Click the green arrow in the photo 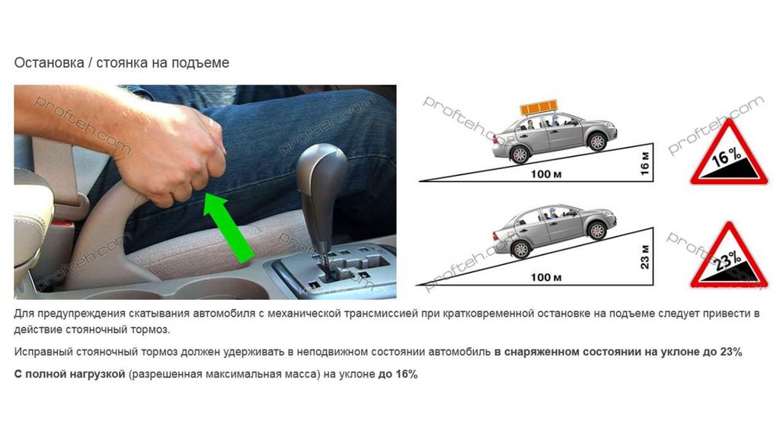229,227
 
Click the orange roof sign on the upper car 539,107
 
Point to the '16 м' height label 644,163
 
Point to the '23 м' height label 644,257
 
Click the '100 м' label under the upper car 545,174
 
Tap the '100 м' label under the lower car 545,277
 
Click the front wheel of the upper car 596,142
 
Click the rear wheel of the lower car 520,249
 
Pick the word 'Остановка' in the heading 50,63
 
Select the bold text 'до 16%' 398,374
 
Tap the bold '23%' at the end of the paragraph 730,352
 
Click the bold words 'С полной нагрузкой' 69,375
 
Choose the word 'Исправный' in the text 43,352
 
